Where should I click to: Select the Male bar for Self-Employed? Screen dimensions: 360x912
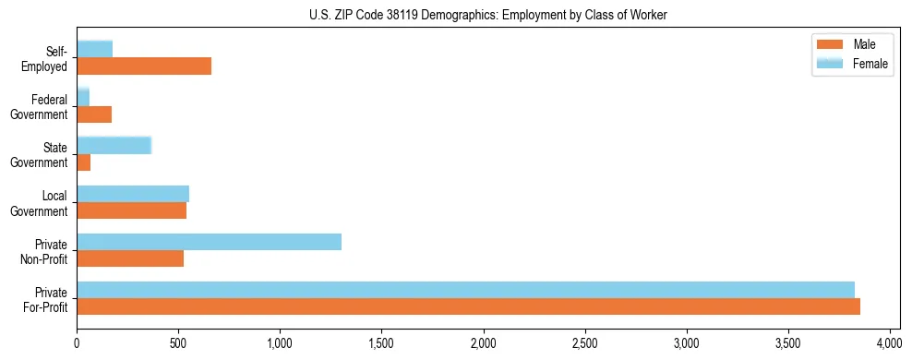(144, 66)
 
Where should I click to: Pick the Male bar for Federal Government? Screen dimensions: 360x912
(94, 114)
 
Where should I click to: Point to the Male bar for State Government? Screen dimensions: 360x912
(84, 162)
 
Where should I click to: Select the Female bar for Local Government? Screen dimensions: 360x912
(133, 193)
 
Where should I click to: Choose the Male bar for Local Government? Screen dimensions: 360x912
(132, 210)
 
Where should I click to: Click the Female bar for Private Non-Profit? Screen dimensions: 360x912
(210, 242)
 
